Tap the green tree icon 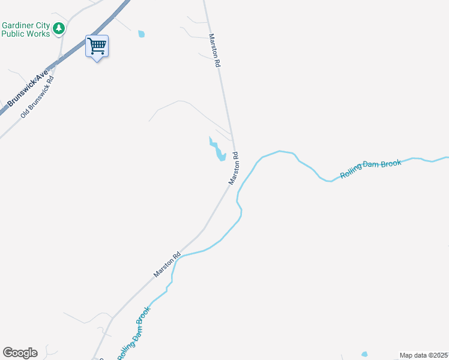[59, 28]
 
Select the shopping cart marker [97, 46]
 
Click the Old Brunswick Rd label [37, 96]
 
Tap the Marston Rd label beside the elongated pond [234, 168]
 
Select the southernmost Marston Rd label [167, 265]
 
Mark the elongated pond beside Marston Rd [217, 150]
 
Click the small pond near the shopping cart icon [141, 34]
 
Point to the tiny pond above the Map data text [364, 354]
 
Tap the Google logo [20, 353]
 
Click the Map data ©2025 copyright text [424, 355]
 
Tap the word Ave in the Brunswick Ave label [41, 76]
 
